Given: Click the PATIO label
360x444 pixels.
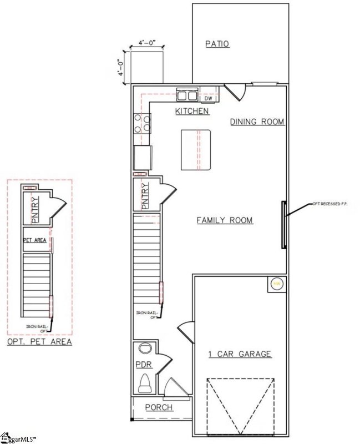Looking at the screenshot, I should pos(217,44).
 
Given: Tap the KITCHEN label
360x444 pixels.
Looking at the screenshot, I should pos(192,112).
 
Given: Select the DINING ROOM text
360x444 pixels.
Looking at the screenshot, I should pos(257,122).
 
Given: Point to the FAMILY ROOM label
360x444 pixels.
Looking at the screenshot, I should pos(225,221).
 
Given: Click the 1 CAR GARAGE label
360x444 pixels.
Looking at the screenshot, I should pos(240,354).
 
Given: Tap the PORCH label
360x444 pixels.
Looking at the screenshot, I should pos(159,408).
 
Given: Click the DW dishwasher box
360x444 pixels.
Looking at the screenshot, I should pos(208,98).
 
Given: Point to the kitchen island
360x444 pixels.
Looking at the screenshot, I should pos(196,150).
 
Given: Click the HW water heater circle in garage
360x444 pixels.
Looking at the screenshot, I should pos(276,284).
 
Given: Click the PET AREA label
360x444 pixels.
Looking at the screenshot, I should pos(34,240).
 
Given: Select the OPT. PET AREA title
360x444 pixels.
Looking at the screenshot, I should pos(39,342).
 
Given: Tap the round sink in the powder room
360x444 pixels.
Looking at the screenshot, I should pos(145,349).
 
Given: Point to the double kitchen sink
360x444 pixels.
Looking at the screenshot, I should pos(187,94).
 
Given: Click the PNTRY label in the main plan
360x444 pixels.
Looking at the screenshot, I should pos(146,196).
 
